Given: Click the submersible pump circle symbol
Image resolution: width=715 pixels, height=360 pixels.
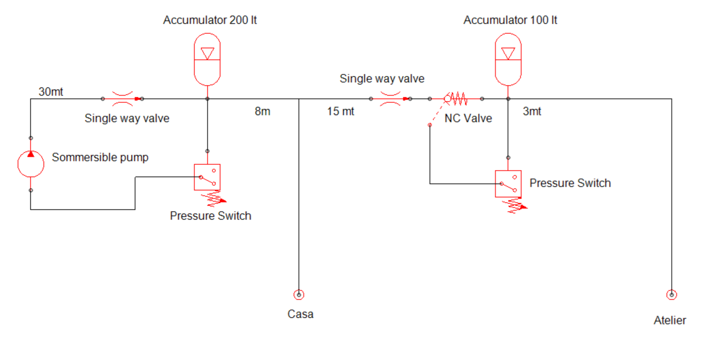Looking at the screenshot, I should click(31, 164).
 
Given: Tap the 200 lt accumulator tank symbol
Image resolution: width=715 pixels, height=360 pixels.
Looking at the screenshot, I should click(207, 59).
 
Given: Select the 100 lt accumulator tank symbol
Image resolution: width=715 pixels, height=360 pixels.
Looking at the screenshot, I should click(508, 59).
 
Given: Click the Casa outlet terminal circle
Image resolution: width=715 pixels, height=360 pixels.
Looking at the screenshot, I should click(299, 295).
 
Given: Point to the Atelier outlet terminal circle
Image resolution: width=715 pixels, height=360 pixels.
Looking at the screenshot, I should click(671, 295).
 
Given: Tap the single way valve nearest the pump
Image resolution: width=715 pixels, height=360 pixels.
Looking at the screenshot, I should click(123, 98).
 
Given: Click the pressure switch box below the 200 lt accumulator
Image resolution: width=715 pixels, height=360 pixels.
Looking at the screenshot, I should click(207, 177).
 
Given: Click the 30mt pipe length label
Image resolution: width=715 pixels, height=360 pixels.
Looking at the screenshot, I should click(51, 92).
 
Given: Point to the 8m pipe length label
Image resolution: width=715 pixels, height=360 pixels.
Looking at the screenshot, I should click(262, 111).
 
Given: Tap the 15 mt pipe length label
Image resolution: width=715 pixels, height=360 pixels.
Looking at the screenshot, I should click(341, 111).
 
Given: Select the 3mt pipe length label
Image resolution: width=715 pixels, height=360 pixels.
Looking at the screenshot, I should click(532, 111).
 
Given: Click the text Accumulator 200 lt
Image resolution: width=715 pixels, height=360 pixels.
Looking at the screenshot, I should click(210, 20).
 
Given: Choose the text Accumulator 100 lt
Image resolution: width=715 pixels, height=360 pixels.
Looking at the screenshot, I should click(511, 20).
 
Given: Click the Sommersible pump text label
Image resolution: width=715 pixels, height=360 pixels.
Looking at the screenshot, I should click(100, 157).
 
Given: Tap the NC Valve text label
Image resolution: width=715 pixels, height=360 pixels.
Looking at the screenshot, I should click(468, 118).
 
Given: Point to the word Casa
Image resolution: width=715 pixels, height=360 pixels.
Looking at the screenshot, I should click(301, 314).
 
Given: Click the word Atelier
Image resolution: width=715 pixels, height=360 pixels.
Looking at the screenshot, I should click(669, 320).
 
